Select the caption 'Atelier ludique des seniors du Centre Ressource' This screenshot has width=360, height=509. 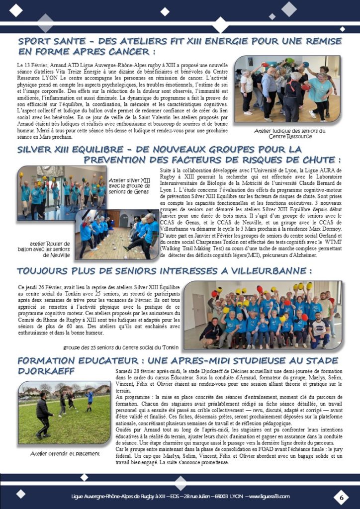click(x=289, y=133)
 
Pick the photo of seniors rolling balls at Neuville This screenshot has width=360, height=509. click(x=116, y=234)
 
